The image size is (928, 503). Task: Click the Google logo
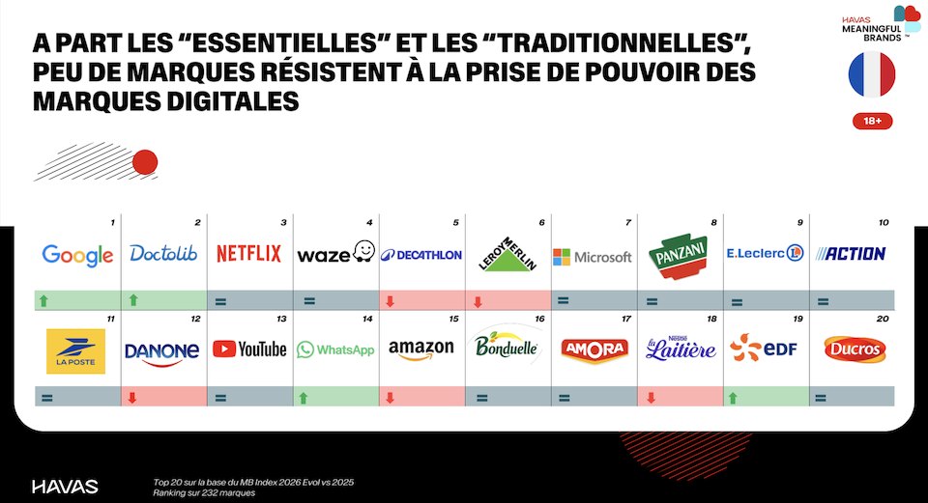pos(77,255)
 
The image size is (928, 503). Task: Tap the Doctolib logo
pos(162,254)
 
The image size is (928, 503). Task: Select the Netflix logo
pos(248,254)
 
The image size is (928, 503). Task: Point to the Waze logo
pos(334,254)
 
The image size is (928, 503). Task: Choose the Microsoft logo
pos(592,257)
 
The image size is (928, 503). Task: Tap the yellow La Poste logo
pos(76,350)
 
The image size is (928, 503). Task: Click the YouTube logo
pos(249,349)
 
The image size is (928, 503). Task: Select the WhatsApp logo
pos(334,349)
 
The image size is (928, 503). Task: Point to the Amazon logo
pos(421,349)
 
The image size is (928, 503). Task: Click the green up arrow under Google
pos(43,301)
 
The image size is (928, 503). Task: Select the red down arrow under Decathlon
pos(390,301)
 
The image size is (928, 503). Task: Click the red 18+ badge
pos(872,122)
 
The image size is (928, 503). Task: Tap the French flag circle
pos(872,75)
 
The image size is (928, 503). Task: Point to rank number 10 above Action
pos(883,223)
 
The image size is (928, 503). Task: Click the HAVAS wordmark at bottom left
pos(65,486)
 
